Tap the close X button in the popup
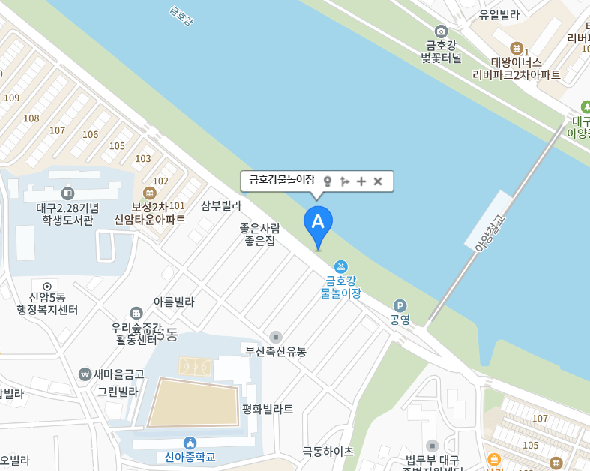point(378,181)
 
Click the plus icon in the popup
point(361,181)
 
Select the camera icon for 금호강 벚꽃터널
point(441,31)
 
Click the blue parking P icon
point(400,305)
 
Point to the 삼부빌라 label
point(221,205)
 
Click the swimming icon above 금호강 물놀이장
point(341,267)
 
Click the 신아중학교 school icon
point(190,442)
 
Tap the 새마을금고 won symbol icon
point(85,373)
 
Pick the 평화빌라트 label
point(268,409)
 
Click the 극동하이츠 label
point(328,451)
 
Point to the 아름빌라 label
point(174,301)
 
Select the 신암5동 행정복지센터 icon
point(47,286)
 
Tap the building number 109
point(11,97)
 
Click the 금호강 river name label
point(181,16)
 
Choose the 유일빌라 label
point(499,14)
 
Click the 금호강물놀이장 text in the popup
point(281,180)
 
